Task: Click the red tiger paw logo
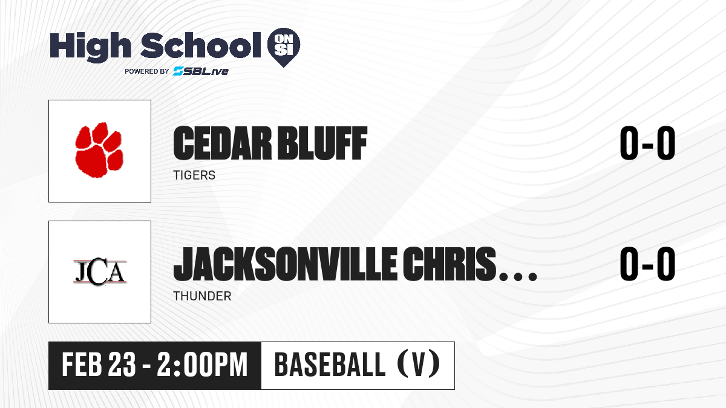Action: click(99, 150)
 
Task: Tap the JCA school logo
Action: click(100, 272)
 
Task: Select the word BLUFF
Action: click(323, 143)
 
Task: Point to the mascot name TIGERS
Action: click(194, 175)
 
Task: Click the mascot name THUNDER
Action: click(202, 296)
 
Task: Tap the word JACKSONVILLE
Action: click(285, 264)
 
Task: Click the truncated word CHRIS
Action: click(450, 264)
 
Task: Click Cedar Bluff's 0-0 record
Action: click(647, 143)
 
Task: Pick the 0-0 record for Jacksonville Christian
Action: click(647, 264)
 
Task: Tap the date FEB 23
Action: click(99, 365)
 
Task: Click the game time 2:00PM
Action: click(203, 365)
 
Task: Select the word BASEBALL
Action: click(330, 364)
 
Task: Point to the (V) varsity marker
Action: click(419, 364)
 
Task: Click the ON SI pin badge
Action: click(284, 47)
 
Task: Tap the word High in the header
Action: click(91, 47)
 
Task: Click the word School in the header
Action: click(201, 45)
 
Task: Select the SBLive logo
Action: click(201, 71)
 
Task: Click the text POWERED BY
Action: click(147, 71)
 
